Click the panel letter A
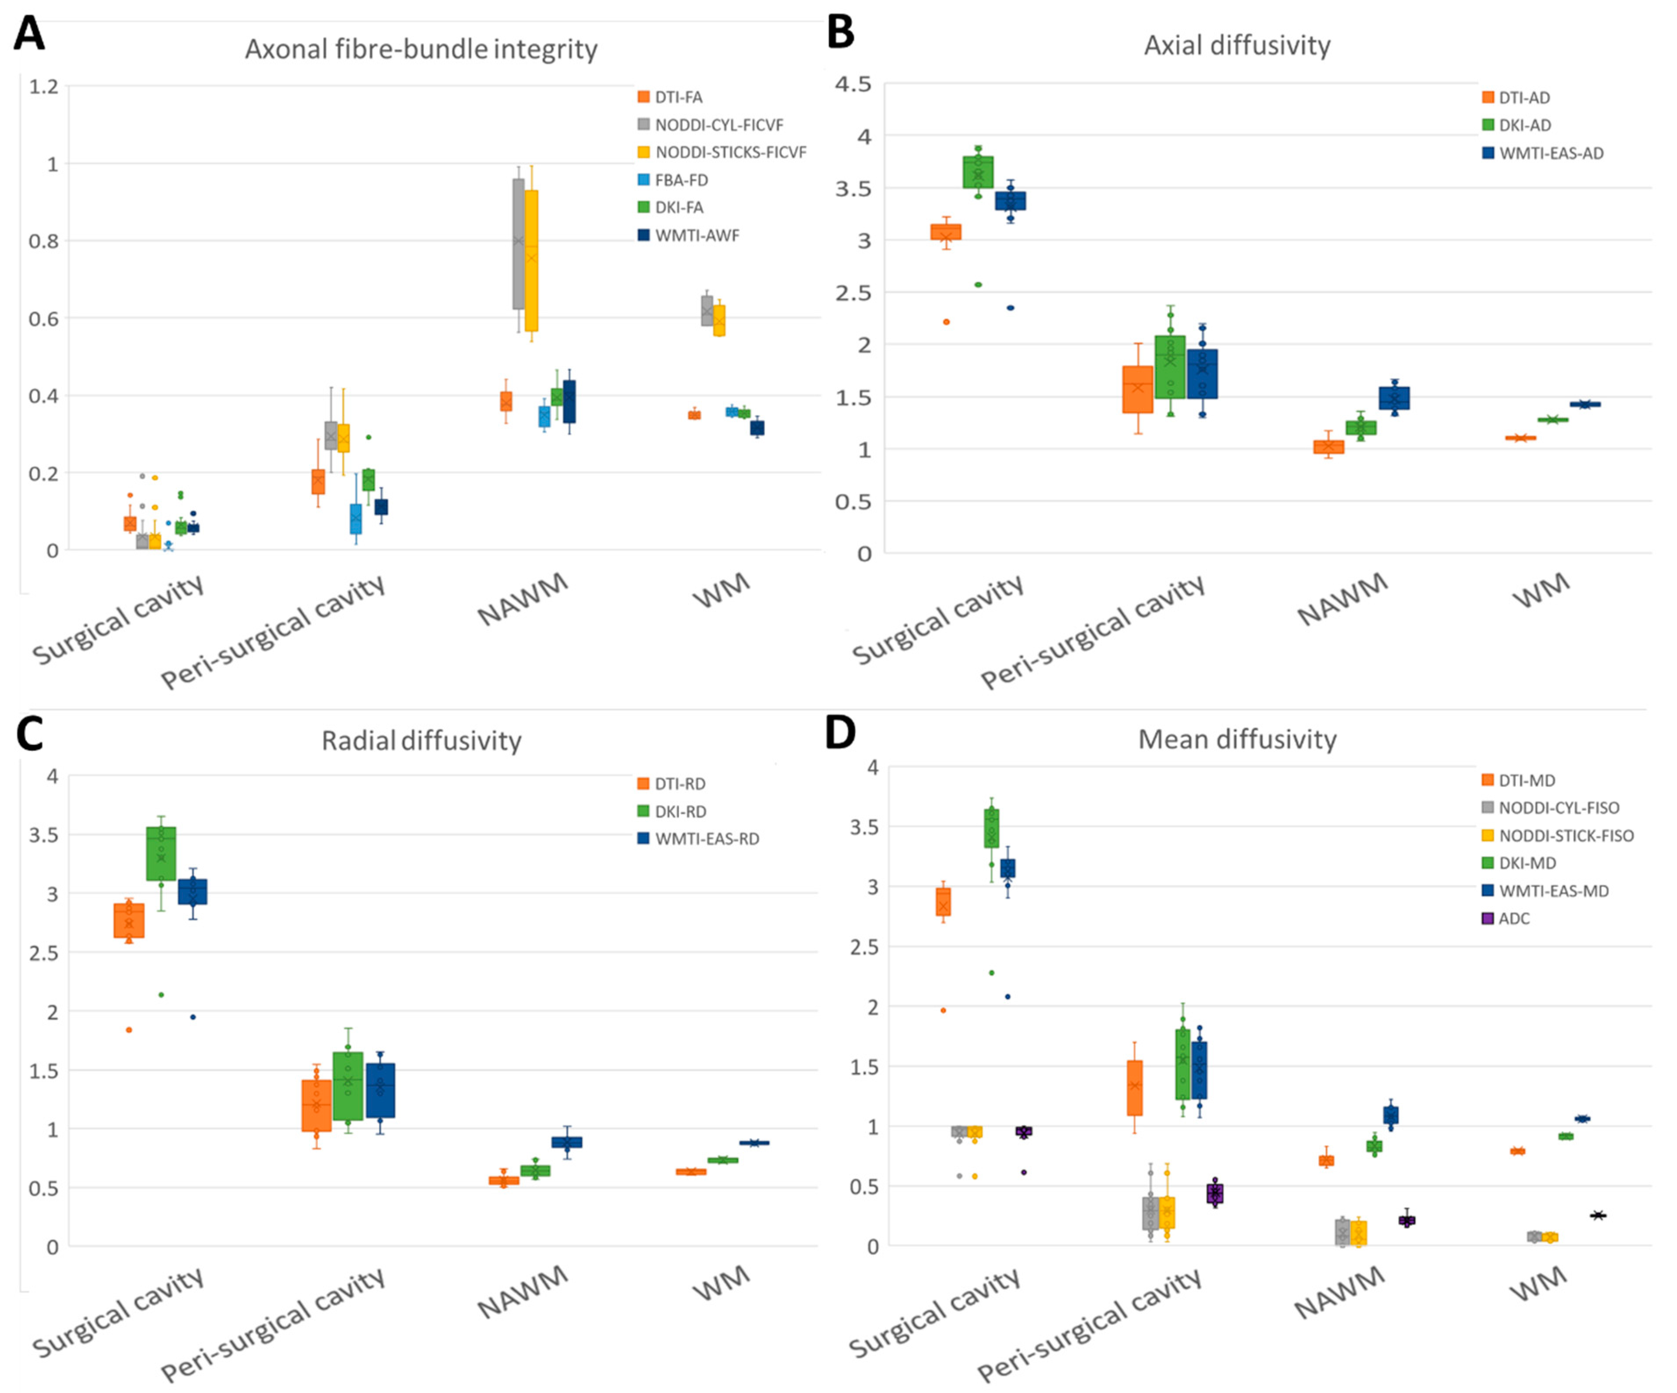click(x=29, y=34)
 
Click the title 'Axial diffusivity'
click(x=1237, y=46)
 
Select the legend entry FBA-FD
click(x=680, y=180)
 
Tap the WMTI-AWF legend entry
click(x=696, y=235)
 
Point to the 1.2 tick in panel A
click(x=44, y=86)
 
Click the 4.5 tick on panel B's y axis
click(x=853, y=84)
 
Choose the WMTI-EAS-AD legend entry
click(x=1550, y=153)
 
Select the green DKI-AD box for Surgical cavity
click(x=978, y=172)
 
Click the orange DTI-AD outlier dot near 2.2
click(x=946, y=322)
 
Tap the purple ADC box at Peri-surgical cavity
click(x=1214, y=1193)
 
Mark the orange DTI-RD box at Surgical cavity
click(x=128, y=920)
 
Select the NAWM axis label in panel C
click(x=523, y=1292)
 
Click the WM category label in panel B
click(x=1541, y=591)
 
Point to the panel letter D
click(x=840, y=732)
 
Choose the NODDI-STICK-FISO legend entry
click(x=1565, y=835)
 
